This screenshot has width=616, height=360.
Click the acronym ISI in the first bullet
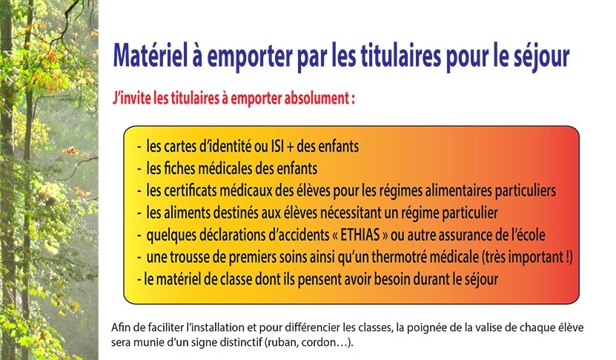(277, 147)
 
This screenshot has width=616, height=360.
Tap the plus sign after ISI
(291, 147)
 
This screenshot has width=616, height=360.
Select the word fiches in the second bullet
(178, 169)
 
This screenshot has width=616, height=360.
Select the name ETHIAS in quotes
(360, 235)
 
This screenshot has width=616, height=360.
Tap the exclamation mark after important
(568, 257)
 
